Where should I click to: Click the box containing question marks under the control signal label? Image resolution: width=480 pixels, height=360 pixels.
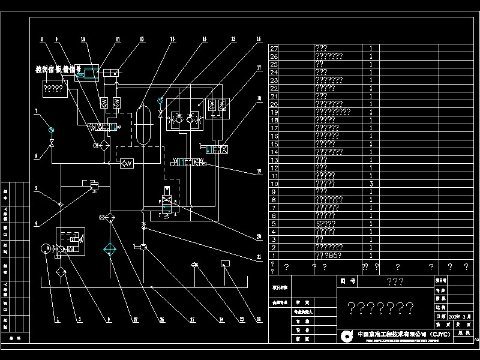point(54,89)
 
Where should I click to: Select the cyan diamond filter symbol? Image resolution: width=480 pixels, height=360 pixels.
point(110,250)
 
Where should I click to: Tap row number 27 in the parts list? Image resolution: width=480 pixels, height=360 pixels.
point(275,48)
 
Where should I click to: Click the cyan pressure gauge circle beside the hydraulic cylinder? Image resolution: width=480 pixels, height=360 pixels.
point(160,100)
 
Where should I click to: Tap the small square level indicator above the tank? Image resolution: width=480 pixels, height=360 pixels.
point(226,263)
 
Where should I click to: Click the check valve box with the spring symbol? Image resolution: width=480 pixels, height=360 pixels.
point(126,164)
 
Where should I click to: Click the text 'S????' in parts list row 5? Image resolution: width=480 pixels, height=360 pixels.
point(325,223)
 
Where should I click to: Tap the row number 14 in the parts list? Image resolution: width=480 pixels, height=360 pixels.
point(275,152)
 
